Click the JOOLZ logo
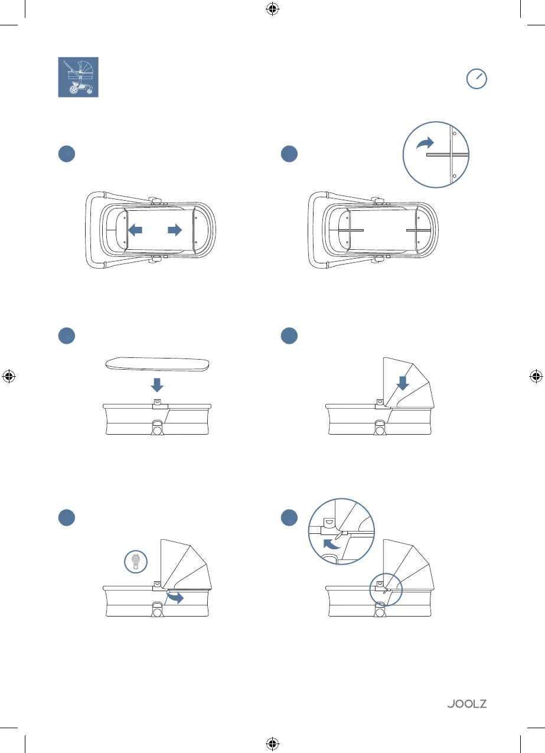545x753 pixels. [466, 704]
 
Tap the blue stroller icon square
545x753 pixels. [78, 77]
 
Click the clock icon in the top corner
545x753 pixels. [477, 79]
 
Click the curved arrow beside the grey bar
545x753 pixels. [425, 143]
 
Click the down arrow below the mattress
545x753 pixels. [157, 385]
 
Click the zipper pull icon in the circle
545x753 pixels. [136, 561]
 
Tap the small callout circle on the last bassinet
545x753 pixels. [385, 588]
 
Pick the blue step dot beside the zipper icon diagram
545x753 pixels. [66, 517]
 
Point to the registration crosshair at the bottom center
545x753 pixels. [272, 742]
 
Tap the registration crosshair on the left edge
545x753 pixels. [8, 376]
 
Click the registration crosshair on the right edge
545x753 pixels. [536, 376]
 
